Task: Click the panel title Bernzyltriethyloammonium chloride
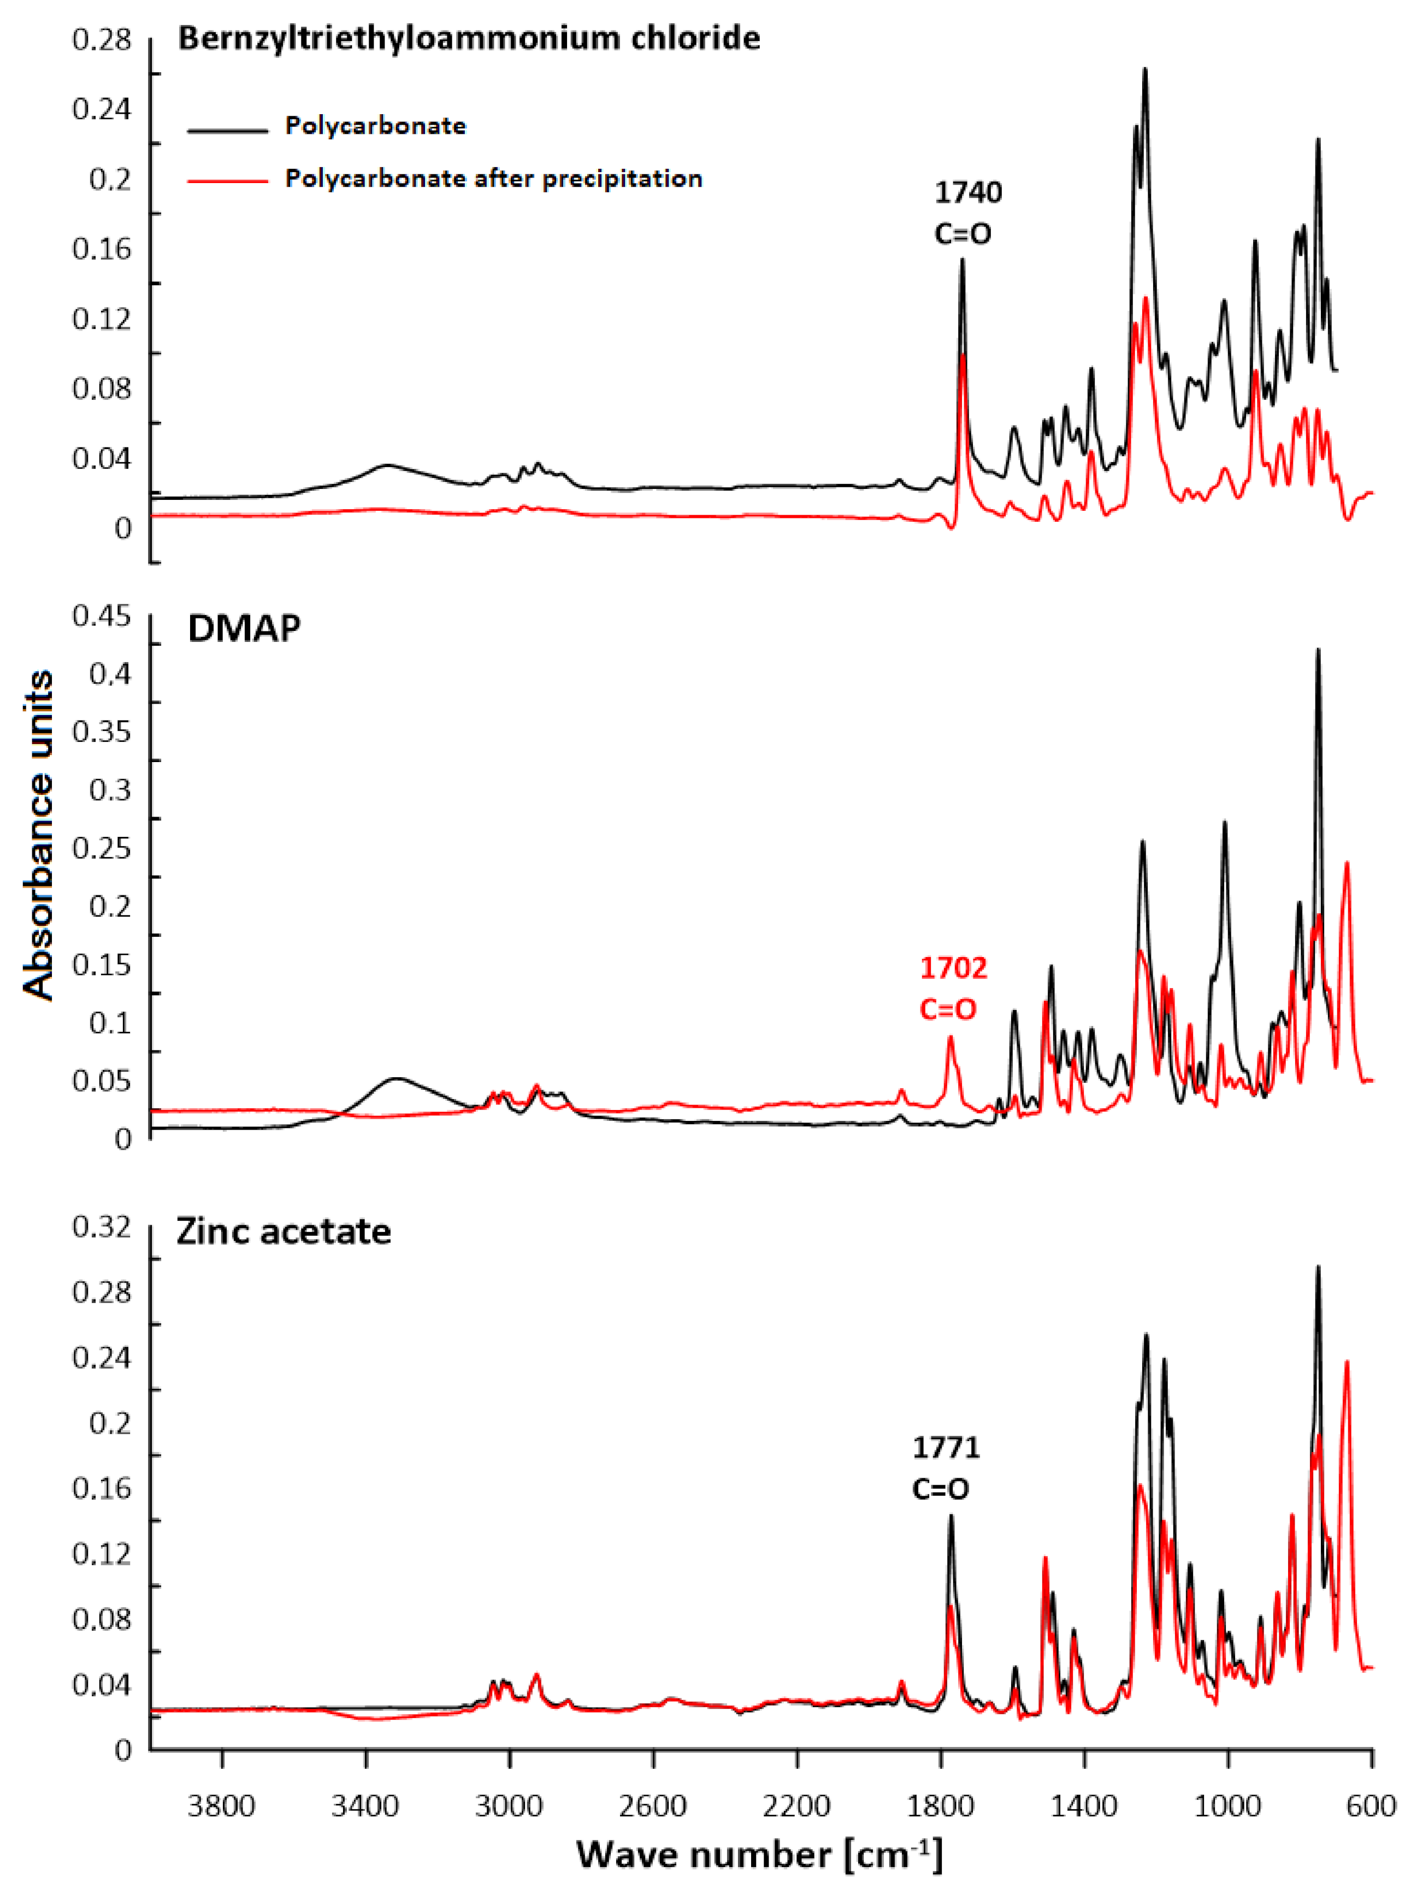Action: click(x=469, y=38)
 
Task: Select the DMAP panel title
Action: click(x=244, y=629)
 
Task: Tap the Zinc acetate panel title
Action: click(x=284, y=1231)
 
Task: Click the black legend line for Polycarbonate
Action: click(x=227, y=131)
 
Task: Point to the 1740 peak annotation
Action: click(x=968, y=193)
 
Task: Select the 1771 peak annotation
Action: click(x=946, y=1448)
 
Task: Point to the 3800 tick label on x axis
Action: click(x=222, y=1806)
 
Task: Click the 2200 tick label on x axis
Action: click(x=797, y=1806)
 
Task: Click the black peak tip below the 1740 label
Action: click(x=963, y=259)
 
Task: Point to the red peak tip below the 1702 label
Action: click(x=950, y=1037)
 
